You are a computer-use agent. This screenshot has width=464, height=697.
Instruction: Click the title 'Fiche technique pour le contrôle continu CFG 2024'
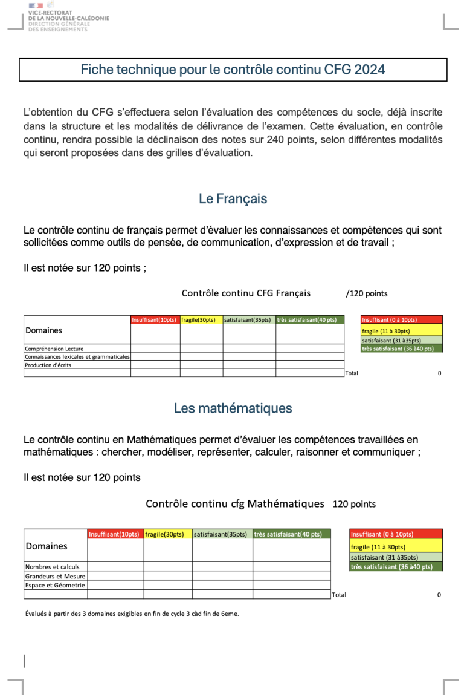coord(233,70)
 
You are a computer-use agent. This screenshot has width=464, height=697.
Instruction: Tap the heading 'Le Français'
coord(233,198)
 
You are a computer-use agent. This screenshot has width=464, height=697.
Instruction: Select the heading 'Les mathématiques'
coord(233,408)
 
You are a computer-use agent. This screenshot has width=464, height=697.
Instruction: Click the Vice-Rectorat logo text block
coord(68,21)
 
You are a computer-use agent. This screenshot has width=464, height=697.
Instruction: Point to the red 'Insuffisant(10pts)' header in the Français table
coord(155,320)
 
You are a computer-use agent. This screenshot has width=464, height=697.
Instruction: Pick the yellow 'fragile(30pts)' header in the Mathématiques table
coord(167,534)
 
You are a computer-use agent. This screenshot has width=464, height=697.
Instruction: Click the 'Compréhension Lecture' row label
coord(54,348)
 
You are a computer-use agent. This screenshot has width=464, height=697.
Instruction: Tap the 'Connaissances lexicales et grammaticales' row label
coord(77,357)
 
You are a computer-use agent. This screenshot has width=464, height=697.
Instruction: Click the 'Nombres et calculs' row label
coord(48,567)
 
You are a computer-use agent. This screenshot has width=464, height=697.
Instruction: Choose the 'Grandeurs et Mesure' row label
coord(55,576)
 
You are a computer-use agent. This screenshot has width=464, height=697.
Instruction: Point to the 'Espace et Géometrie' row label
coord(55,585)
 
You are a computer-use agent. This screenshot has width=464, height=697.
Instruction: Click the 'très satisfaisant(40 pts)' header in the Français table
coord(309,320)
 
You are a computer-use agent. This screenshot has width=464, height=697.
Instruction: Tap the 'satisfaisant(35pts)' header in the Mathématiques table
coord(222,534)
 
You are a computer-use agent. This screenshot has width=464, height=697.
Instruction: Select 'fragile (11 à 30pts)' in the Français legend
coord(387,331)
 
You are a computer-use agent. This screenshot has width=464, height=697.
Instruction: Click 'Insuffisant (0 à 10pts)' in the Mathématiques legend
coord(382,534)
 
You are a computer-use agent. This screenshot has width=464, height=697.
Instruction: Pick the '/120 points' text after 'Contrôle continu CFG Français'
coord(367,294)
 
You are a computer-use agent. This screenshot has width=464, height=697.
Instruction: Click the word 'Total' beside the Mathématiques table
coord(339,595)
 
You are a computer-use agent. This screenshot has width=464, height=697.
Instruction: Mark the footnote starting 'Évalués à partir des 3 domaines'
coord(132,614)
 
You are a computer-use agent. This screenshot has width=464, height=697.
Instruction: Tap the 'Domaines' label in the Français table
coord(43,330)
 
